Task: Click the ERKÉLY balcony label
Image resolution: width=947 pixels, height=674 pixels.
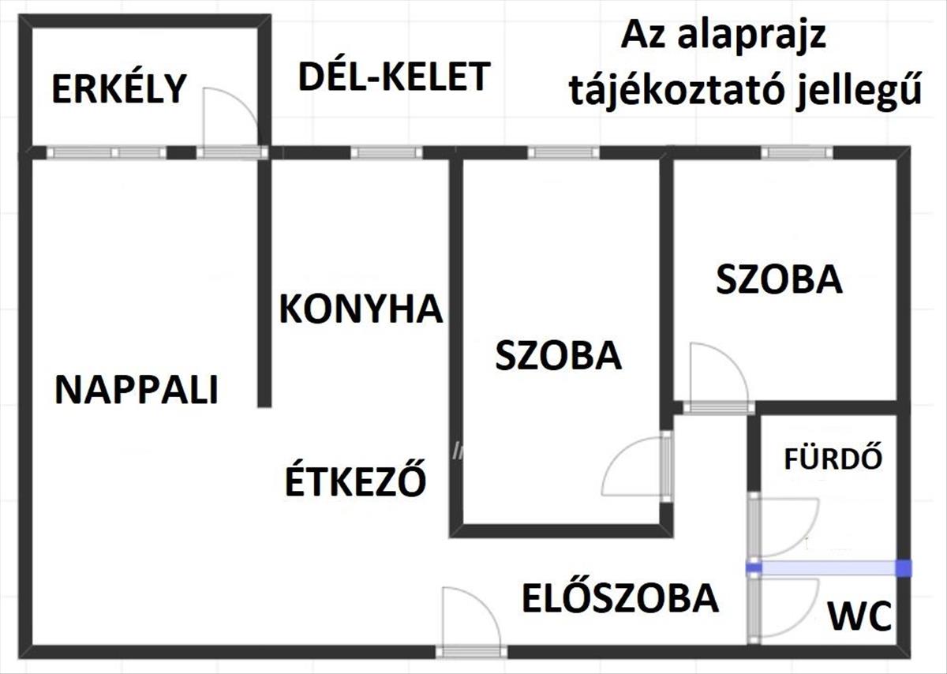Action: [118, 88]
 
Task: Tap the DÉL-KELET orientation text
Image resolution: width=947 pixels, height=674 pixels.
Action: [395, 77]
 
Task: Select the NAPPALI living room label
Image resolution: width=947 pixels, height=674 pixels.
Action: [137, 390]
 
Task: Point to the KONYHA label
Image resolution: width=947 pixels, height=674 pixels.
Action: [361, 309]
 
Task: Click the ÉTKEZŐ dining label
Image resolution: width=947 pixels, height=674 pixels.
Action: [355, 481]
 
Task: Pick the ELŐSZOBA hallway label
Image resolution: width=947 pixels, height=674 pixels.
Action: [619, 599]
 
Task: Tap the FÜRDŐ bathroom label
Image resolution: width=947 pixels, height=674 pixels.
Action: [833, 459]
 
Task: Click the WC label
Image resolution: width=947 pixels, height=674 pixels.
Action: [859, 616]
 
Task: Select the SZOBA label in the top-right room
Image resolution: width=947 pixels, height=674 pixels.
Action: [779, 280]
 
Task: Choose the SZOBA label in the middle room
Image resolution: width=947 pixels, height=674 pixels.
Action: [559, 356]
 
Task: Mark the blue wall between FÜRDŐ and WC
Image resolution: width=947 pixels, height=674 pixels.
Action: [829, 567]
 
